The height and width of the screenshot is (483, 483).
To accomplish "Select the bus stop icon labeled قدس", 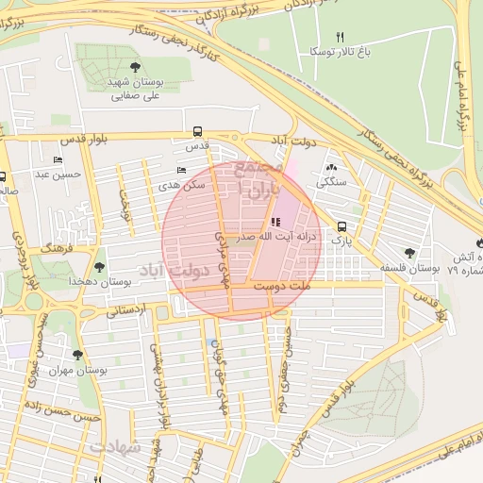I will pyautogui.click(x=197, y=132).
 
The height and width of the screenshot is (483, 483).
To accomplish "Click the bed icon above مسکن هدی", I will pyautogui.click(x=181, y=171).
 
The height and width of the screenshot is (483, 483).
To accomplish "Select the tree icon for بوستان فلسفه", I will pyautogui.click(x=408, y=252).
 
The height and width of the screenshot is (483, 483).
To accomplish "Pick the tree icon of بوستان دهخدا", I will pyautogui.click(x=100, y=267).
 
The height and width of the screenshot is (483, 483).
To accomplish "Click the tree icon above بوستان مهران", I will pyautogui.click(x=77, y=356).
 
